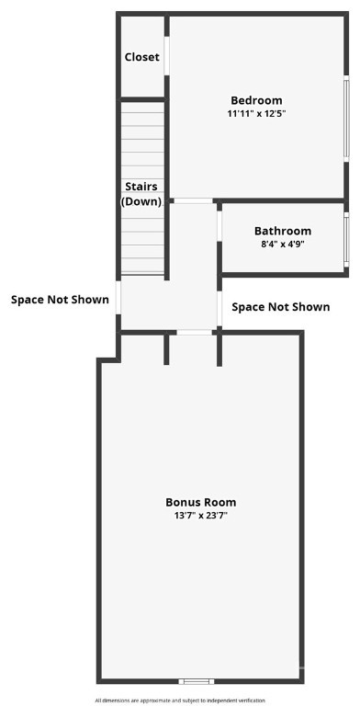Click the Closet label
(141, 57)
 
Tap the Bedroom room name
(256, 100)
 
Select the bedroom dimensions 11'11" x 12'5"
(256, 114)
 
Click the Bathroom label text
(283, 231)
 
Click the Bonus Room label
(201, 502)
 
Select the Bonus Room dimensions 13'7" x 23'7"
(201, 516)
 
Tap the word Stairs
(141, 187)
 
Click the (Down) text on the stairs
(141, 201)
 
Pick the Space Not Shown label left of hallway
(60, 300)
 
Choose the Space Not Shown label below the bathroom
(281, 307)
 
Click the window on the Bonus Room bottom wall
(197, 681)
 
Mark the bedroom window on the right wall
(346, 119)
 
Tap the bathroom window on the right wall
(346, 239)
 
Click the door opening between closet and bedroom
(166, 56)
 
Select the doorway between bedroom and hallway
(194, 200)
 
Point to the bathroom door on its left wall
(219, 226)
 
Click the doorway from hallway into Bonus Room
(194, 332)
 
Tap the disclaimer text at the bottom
(180, 700)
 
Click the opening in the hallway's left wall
(118, 297)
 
